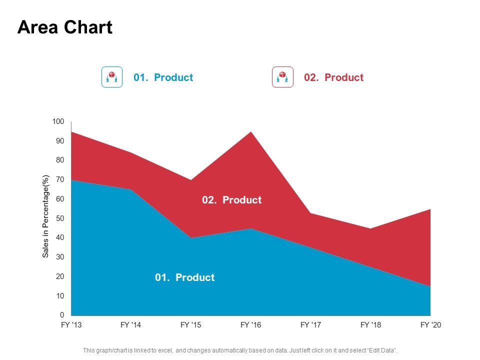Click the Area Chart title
[x=65, y=28]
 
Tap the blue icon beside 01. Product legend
[x=112, y=77]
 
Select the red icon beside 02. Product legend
[x=282, y=77]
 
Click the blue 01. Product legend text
[x=163, y=77]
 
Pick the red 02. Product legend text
[x=333, y=77]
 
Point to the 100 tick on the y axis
[x=58, y=121]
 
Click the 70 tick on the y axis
[x=60, y=179]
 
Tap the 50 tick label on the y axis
[x=60, y=218]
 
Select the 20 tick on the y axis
[x=60, y=276]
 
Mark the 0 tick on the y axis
[x=62, y=315]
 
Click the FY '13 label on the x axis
[x=71, y=325]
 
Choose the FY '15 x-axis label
[x=190, y=325]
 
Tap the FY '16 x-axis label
[x=250, y=325]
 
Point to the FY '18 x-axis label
[x=370, y=325]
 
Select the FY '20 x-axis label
[x=430, y=325]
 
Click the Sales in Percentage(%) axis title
[x=45, y=216]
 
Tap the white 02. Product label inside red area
[x=231, y=200]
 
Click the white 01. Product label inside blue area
[x=184, y=277]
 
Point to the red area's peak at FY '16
[x=251, y=133]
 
